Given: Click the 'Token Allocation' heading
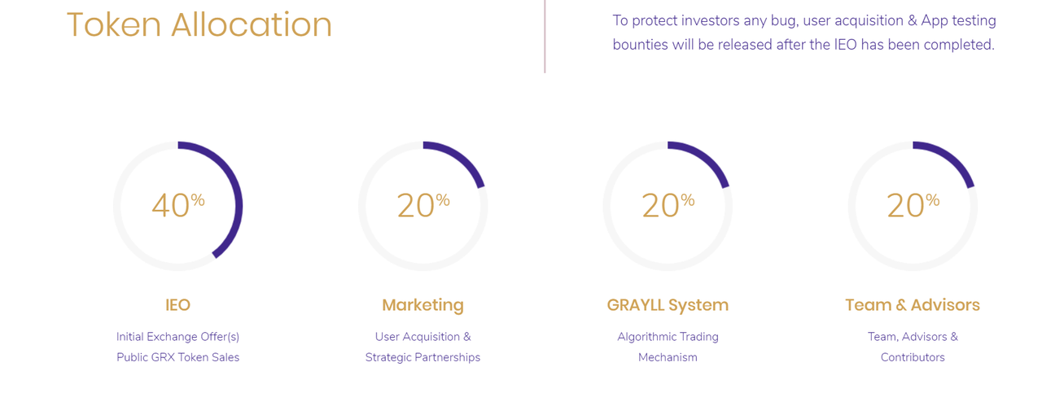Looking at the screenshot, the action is click(x=199, y=24).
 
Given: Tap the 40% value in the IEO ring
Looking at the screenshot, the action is click(x=178, y=205).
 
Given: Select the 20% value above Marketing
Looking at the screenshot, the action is click(x=423, y=205).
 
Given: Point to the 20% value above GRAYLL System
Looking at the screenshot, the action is click(x=668, y=205).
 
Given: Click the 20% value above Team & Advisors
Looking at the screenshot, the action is click(x=913, y=205).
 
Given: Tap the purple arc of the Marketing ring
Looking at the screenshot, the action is click(x=462, y=157).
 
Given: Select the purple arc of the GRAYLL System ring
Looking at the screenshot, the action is click(x=707, y=157).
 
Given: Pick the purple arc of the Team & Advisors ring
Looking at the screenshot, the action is click(x=952, y=157).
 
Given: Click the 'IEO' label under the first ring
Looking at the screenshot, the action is click(x=177, y=305).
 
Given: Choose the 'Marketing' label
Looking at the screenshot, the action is click(x=422, y=306).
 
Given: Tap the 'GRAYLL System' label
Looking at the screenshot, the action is click(x=668, y=306).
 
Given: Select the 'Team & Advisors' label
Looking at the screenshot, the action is click(x=913, y=305).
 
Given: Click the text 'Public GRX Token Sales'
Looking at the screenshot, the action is click(x=177, y=357).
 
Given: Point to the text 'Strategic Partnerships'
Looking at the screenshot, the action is click(x=422, y=358).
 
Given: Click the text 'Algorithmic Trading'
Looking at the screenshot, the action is click(x=668, y=337).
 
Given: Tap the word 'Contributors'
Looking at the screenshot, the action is click(x=913, y=357).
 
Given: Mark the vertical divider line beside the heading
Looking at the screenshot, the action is click(x=545, y=37).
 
